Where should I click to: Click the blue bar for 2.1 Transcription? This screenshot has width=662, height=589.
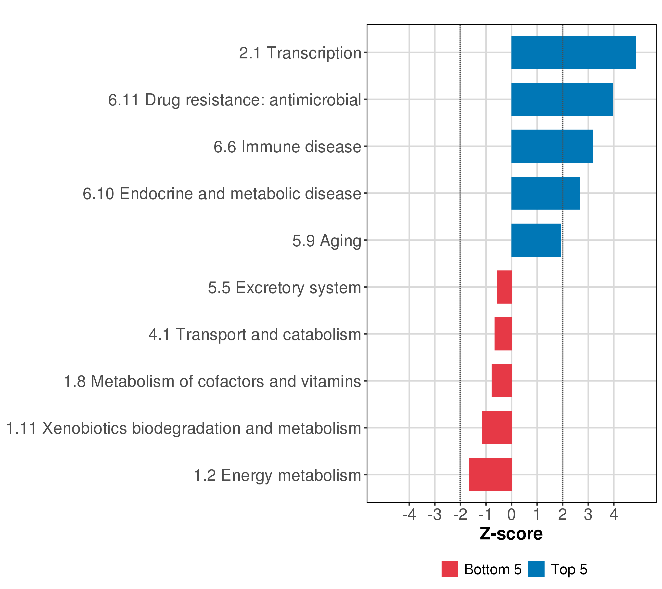(573, 53)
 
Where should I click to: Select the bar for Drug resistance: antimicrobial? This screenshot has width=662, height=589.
(562, 99)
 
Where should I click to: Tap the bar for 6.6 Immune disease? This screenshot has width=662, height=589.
(552, 146)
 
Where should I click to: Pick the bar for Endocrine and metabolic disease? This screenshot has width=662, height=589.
(545, 193)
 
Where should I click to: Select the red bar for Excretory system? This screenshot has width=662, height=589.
(504, 287)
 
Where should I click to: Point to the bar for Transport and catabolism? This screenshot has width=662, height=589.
(503, 334)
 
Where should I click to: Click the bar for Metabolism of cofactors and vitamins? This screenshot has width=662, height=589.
(501, 381)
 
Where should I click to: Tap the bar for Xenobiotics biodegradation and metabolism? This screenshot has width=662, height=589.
(496, 428)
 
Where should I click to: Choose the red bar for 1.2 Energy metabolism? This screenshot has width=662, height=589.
(490, 475)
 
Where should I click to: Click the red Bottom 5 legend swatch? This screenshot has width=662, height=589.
(449, 569)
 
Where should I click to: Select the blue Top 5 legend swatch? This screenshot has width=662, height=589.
(536, 569)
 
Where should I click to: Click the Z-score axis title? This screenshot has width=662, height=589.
(511, 534)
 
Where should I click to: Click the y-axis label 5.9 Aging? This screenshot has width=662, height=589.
(327, 241)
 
